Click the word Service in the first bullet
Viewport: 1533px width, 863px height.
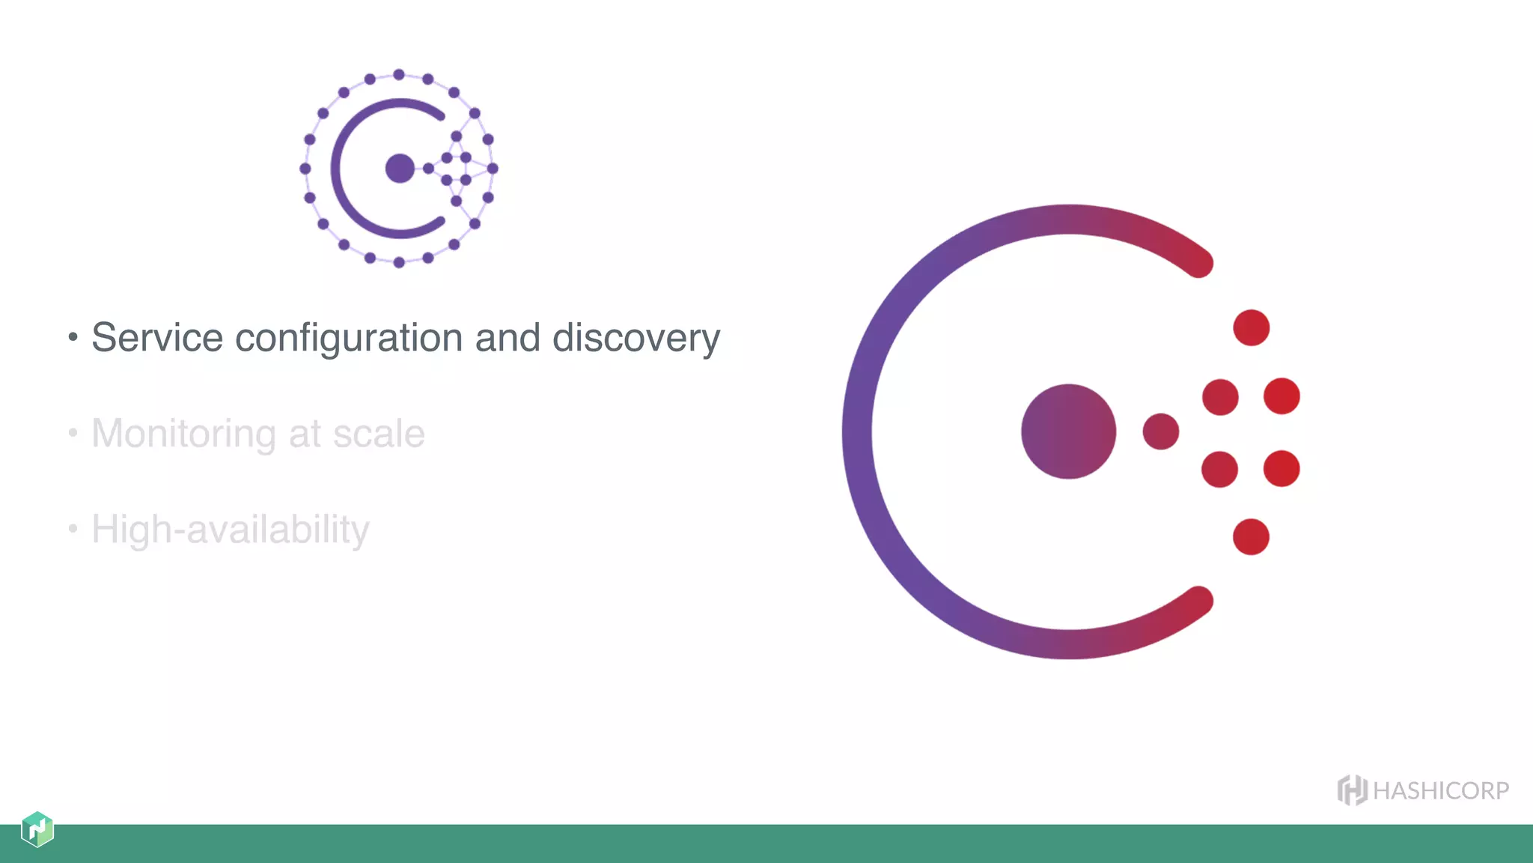pos(157,338)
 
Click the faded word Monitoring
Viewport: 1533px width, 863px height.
pos(184,434)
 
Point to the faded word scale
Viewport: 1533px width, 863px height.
pos(379,434)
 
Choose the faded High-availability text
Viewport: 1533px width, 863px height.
pos(230,530)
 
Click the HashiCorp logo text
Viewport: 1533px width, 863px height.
pos(1441,791)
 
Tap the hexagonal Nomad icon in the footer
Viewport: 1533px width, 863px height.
pos(37,829)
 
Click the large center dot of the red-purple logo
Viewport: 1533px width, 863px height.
pos(1068,431)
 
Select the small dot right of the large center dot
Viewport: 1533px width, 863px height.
pos(1161,431)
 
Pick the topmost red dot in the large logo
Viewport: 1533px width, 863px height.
pos(1251,327)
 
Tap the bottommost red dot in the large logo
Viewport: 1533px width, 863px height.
pos(1251,536)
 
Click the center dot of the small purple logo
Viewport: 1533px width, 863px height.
pos(400,168)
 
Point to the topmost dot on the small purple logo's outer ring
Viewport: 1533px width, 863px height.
pos(399,74)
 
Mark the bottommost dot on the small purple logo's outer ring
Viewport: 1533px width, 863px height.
pos(399,262)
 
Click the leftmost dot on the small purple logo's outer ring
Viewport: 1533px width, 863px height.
pos(305,169)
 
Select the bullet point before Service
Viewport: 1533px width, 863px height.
pos(73,337)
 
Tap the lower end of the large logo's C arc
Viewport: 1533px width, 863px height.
pos(1199,600)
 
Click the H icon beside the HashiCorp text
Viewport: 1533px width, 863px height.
pos(1352,790)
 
